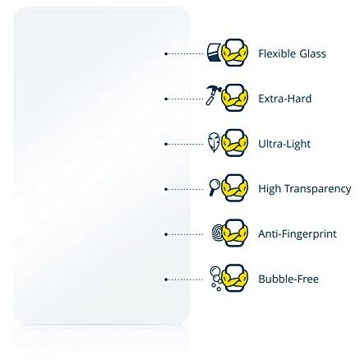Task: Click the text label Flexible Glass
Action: [x=292, y=53]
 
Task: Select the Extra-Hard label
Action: [x=285, y=99]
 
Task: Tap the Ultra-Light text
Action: [x=284, y=144]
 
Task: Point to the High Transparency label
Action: [x=305, y=189]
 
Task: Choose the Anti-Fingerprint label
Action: [x=298, y=234]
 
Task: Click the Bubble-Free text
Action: [x=288, y=279]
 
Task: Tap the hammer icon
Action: [x=214, y=95]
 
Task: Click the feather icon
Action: [x=215, y=142]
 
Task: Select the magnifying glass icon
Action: [x=215, y=187]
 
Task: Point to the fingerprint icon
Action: [x=218, y=233]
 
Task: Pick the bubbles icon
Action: [x=216, y=279]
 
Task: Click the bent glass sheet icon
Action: [x=214, y=52]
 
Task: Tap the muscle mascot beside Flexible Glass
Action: [x=234, y=53]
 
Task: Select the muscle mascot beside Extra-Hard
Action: [x=234, y=98]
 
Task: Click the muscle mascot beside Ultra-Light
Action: [x=234, y=143]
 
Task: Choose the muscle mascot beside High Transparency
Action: [x=234, y=188]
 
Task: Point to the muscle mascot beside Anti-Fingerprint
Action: [x=234, y=233]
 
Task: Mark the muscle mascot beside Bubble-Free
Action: [x=234, y=278]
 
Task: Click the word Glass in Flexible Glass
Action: [x=312, y=53]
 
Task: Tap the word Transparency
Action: [x=317, y=189]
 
